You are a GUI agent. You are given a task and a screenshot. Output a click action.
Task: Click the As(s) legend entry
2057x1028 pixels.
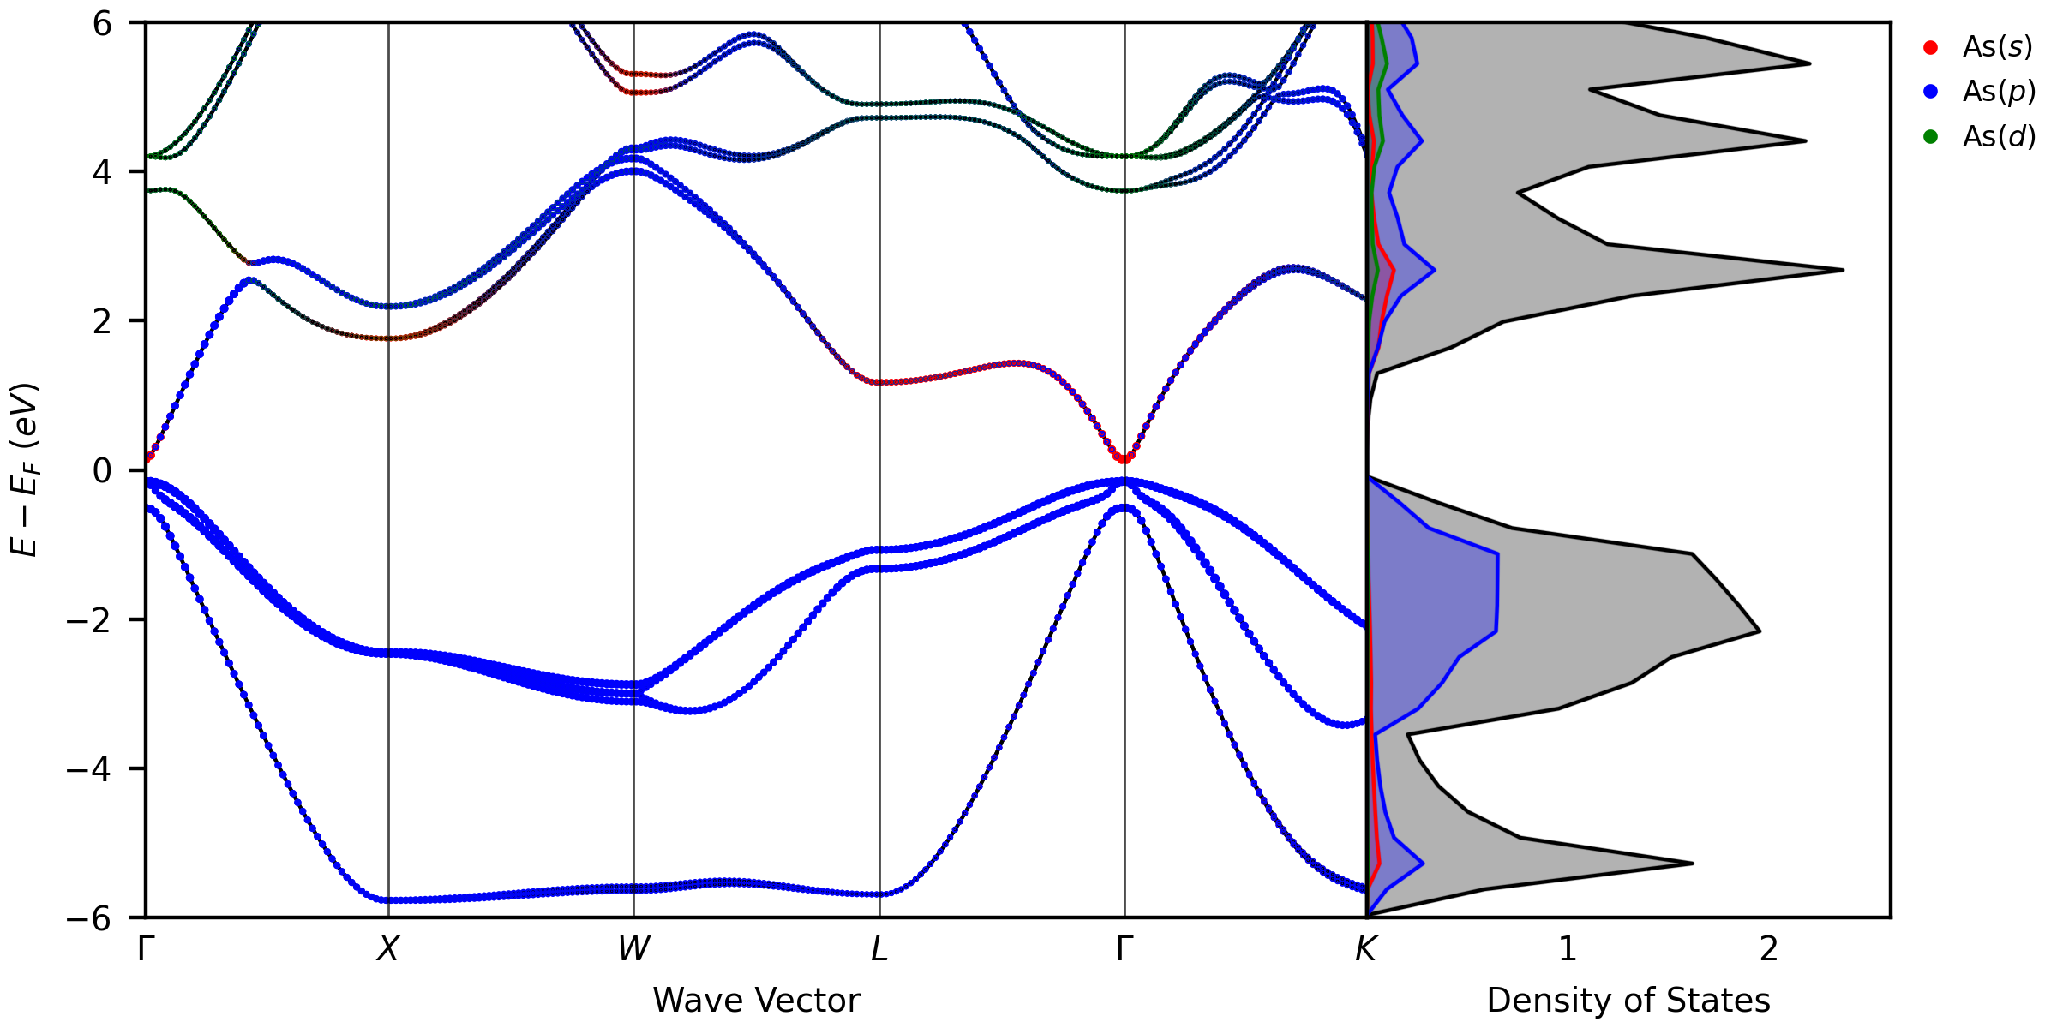pos(1996,47)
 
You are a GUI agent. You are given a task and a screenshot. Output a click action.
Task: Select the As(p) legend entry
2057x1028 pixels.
pos(1998,92)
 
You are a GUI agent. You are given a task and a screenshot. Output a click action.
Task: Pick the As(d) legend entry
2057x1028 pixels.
pos(1998,137)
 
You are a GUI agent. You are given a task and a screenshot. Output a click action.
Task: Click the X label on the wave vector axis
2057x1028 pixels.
pos(388,949)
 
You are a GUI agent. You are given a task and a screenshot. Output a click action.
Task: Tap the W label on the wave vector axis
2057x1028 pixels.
pos(633,949)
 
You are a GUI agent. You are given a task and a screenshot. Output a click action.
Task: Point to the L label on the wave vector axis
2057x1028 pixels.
pos(879,949)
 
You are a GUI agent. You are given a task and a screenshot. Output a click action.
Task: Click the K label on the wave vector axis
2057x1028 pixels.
pos(1365,949)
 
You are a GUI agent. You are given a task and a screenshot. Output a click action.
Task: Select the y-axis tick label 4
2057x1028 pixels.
pos(102,173)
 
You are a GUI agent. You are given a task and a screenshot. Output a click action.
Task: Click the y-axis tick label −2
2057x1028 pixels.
pos(90,620)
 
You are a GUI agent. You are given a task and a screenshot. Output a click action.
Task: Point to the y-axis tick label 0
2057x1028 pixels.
pos(102,471)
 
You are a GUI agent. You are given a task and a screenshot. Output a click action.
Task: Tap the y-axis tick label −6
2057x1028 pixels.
pos(90,918)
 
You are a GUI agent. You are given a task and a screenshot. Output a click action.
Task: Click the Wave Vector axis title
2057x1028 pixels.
pos(756,1001)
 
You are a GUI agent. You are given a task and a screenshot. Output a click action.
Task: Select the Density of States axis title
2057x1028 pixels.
pos(1628,1001)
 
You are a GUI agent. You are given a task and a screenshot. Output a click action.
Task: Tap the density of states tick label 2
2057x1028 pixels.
pos(1769,949)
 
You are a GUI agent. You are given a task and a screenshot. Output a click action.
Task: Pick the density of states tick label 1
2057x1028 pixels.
pos(1568,949)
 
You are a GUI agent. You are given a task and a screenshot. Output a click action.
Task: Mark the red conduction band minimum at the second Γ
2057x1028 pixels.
pos(1124,459)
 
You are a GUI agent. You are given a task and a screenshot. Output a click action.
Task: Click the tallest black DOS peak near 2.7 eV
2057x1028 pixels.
pos(1842,271)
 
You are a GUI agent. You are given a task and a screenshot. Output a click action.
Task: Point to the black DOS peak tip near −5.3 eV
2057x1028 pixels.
pos(1692,863)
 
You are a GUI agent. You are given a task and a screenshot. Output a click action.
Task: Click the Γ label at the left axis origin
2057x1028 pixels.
pos(147,949)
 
